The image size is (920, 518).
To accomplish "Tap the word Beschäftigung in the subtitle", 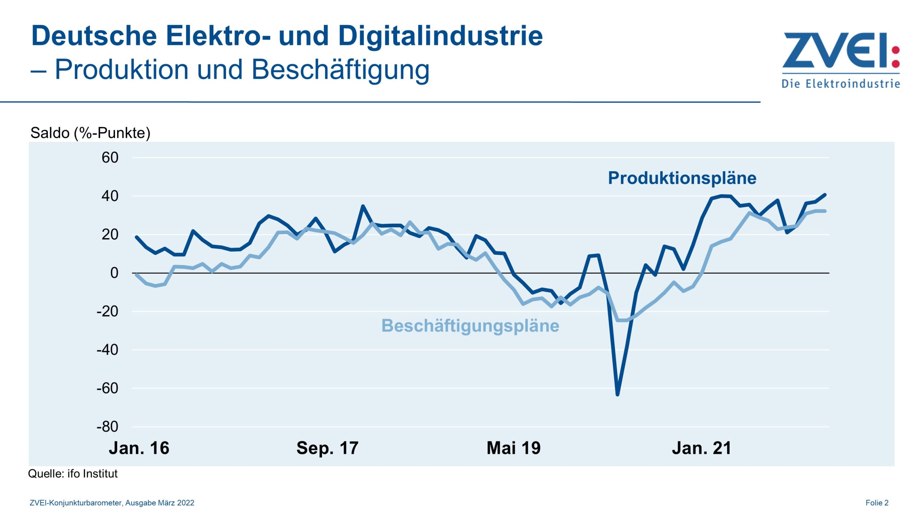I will point(340,69).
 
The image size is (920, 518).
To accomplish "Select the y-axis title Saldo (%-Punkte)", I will point(90,133).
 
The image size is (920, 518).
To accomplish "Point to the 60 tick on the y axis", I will point(110,158).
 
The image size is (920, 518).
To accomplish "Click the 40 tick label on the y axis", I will point(110,196).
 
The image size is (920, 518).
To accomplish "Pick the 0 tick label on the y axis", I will point(114,273).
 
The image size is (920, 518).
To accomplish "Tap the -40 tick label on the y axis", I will point(107,350).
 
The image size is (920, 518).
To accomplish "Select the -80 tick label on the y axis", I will point(107,427).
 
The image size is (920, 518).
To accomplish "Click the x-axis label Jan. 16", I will point(139,448).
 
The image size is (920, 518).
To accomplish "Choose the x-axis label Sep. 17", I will point(327,448).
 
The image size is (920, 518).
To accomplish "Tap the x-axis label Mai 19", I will point(514,448).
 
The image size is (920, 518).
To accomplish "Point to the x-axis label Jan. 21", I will point(701,448).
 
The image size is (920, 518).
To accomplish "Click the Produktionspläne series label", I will point(682,178).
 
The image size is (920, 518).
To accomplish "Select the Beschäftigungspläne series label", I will point(470,326).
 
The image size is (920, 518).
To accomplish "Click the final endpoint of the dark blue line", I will point(825,195).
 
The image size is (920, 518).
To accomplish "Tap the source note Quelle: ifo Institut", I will point(73,474).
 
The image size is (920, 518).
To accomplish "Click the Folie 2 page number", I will point(877,503).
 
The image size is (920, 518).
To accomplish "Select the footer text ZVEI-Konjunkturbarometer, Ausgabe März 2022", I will point(112,503).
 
